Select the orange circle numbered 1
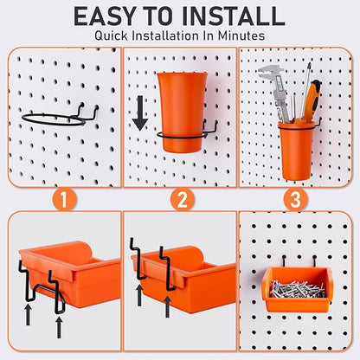(x=61, y=199)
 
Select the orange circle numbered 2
(x=180, y=199)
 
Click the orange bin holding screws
(x=296, y=292)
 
